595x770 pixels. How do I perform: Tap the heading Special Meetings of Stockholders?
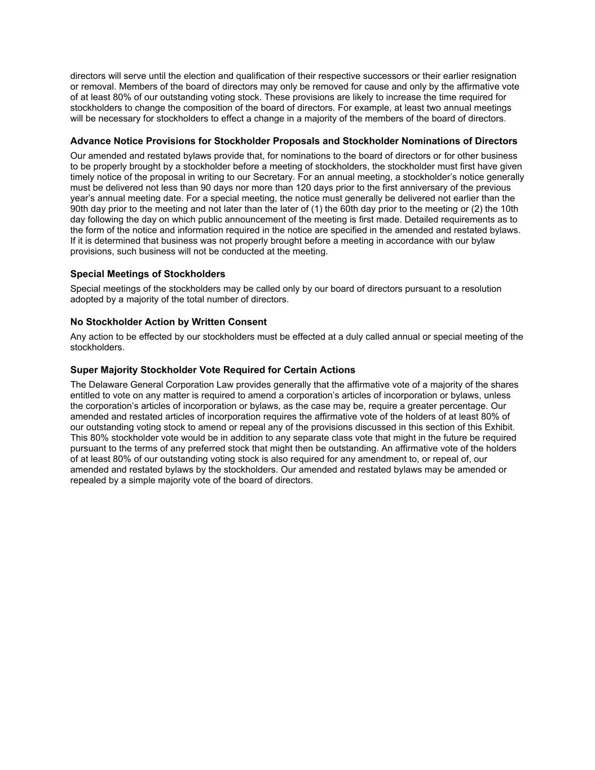148,274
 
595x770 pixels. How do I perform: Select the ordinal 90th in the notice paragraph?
80,209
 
